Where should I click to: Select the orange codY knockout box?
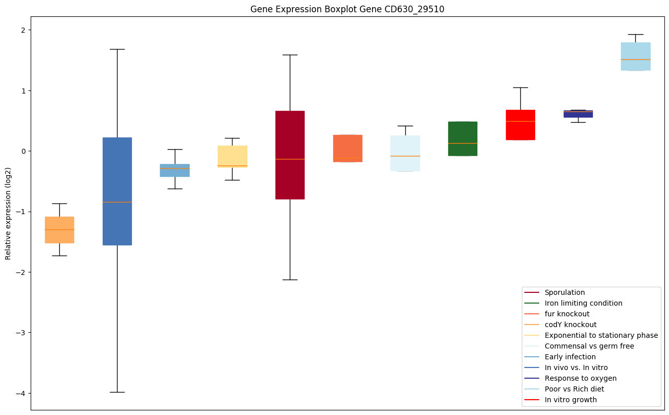coord(59,229)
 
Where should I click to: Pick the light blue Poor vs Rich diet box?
coord(635,56)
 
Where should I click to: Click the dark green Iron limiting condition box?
coord(463,139)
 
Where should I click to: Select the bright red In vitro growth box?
coord(520,125)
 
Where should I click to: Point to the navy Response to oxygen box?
coord(578,113)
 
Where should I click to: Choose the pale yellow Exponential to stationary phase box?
coord(233,156)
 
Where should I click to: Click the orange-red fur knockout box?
coord(348,148)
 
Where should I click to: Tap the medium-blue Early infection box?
coord(175,170)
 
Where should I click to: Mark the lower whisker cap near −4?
coord(117,392)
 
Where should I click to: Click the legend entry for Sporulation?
coord(564,292)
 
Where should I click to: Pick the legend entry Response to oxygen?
coord(580,378)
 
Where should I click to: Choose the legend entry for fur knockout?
coord(567,314)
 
